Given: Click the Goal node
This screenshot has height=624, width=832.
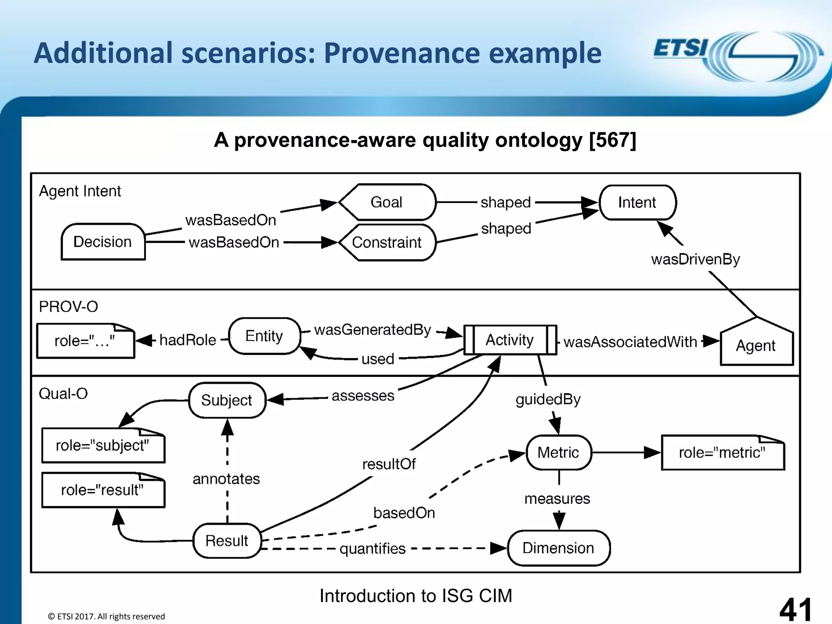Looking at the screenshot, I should click(386, 202).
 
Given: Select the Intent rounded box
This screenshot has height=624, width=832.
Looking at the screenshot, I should click(637, 202).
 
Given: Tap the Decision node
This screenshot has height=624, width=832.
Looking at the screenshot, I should click(103, 242).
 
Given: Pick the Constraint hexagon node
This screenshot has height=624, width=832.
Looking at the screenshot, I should click(386, 243).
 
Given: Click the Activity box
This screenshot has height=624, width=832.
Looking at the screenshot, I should click(510, 340).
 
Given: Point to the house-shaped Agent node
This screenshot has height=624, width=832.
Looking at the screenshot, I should click(756, 345).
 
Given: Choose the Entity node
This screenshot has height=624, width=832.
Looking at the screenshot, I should click(264, 336).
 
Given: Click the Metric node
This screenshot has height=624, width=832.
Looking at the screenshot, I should click(558, 453).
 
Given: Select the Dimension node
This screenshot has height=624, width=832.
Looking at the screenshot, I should click(558, 548).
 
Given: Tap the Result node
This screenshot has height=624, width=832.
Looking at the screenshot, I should click(227, 541).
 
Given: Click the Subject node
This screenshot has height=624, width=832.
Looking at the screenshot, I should click(227, 400).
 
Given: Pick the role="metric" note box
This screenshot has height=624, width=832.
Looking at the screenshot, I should click(722, 453).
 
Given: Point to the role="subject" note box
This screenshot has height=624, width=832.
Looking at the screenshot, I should click(103, 446).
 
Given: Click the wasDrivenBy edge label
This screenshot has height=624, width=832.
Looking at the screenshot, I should click(695, 259).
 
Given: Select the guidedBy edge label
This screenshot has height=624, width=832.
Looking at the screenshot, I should click(548, 399).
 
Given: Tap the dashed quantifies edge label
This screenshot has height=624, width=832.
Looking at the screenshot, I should click(373, 549).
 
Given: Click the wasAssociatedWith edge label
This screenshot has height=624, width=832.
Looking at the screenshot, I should click(630, 342).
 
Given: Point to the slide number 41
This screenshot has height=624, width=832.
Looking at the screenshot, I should click(795, 609).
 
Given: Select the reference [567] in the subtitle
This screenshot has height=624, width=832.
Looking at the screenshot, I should click(612, 140).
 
